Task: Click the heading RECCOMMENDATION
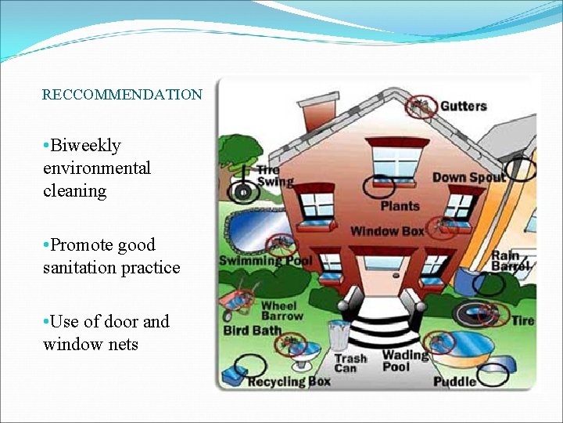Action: coord(122,95)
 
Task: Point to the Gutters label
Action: coord(463,106)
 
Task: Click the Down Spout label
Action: coord(468,178)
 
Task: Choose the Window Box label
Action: coord(386,231)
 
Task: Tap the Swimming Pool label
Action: coord(265,260)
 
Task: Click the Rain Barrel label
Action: coord(511,261)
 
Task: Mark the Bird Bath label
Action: coord(252,331)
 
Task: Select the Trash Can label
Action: coord(350,363)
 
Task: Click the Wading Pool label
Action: coord(406,360)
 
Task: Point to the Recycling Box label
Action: coord(289,381)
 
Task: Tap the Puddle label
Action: coord(454,381)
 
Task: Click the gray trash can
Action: coord(338,334)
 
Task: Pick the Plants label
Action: coord(400,206)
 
